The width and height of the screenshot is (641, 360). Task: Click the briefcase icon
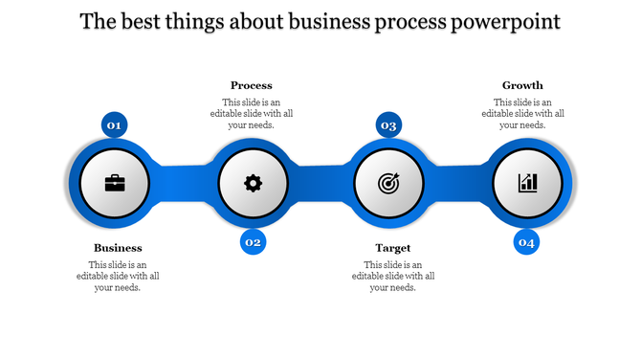tap(115, 182)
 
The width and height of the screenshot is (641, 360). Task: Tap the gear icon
tap(253, 182)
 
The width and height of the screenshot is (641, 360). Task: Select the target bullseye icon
tap(389, 182)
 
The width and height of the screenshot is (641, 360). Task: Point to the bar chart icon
tap(527, 182)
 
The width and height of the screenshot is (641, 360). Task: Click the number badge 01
tap(115, 125)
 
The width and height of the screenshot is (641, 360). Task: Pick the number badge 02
tap(253, 242)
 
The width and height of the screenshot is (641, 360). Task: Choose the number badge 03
tap(389, 125)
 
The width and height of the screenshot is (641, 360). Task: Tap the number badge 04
tap(526, 242)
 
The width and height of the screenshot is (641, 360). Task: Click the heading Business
tap(118, 248)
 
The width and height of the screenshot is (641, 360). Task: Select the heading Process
tap(252, 85)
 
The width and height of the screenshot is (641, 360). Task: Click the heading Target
tap(392, 248)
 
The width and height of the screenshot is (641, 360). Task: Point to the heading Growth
tap(522, 85)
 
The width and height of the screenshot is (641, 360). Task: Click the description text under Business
tap(118, 276)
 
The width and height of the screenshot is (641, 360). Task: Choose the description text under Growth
tap(522, 113)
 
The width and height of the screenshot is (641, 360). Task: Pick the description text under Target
tap(392, 276)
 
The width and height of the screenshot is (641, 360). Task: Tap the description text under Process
tap(252, 113)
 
